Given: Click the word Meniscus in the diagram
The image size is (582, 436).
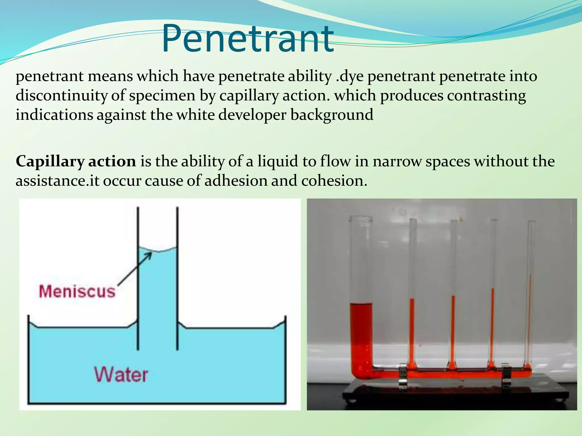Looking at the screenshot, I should coord(77,292).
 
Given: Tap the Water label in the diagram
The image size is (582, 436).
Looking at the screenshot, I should coord(121,375).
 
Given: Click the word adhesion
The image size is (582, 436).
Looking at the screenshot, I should coord(236,181).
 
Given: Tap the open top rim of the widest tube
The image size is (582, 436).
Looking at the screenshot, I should coord(361,219).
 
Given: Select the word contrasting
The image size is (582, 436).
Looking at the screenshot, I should coord(487,96).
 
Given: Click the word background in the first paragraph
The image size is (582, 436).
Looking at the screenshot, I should coord(332,115).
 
